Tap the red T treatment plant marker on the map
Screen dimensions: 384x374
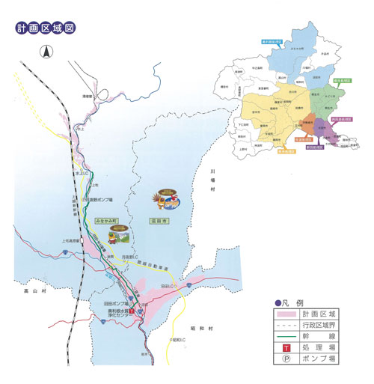[132, 310]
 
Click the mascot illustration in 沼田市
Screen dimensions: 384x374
[166, 200]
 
